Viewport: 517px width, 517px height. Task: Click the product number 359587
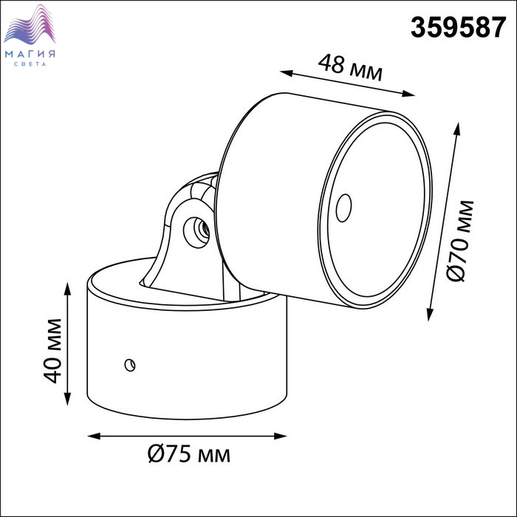pyautogui.click(x=458, y=27)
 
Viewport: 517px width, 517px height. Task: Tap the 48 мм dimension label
pyautogui.click(x=350, y=69)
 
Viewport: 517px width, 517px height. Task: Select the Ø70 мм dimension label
pyautogui.click(x=461, y=241)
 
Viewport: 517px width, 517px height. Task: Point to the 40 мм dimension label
pyautogui.click(x=52, y=351)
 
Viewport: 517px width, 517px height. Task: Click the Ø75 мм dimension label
pyautogui.click(x=189, y=454)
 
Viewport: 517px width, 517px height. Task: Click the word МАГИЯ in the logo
pyautogui.click(x=30, y=55)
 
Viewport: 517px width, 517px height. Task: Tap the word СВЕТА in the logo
pyautogui.click(x=30, y=64)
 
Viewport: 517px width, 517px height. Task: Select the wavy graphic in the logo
pyautogui.click(x=30, y=24)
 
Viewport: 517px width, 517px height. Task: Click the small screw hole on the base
pyautogui.click(x=130, y=365)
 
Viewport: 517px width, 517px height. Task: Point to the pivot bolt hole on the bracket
pyautogui.click(x=196, y=232)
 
